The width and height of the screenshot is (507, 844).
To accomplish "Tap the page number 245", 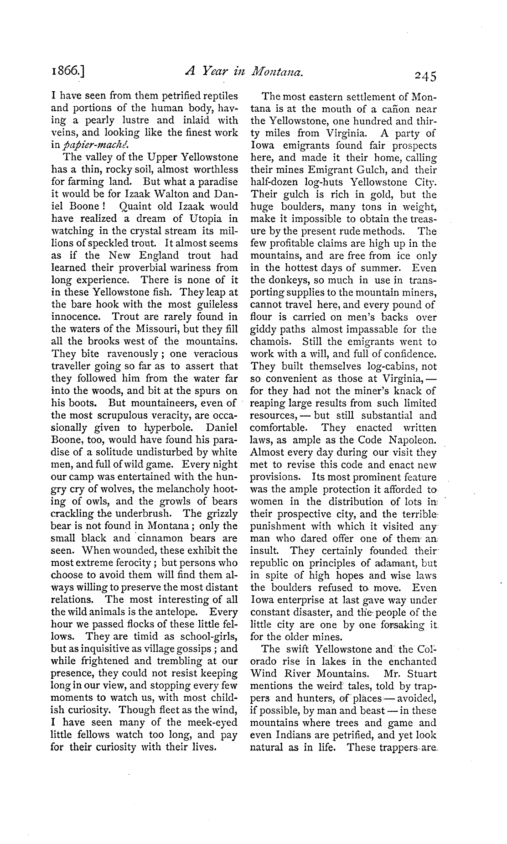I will (x=422, y=75).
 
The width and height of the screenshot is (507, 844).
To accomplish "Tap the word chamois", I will (x=269, y=342).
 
